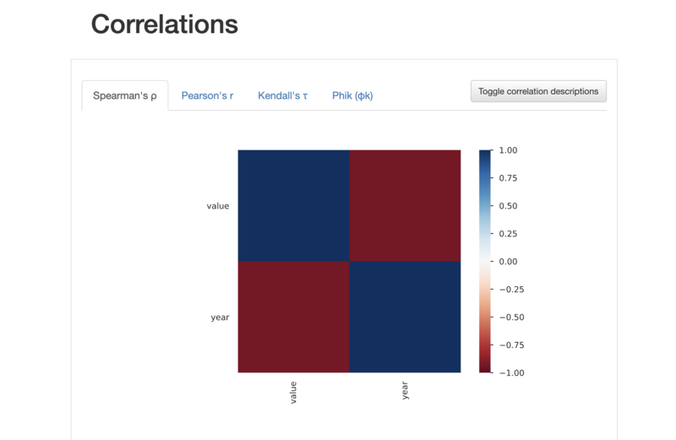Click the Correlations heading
[164, 24]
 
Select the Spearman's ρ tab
[125, 95]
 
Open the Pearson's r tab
[207, 95]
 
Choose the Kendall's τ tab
[283, 95]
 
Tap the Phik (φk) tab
[352, 95]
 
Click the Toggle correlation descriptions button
[538, 91]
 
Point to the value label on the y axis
[218, 206]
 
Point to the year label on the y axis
[220, 318]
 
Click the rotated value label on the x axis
[293, 392]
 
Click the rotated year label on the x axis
[405, 390]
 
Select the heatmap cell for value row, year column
[405, 205]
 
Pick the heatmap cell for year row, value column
[293, 317]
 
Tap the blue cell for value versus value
[293, 205]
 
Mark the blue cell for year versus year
[405, 317]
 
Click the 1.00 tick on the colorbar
[508, 150]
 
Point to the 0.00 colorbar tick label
[508, 262]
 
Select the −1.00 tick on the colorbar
[512, 372]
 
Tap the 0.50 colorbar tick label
[508, 206]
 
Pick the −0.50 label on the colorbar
[512, 318]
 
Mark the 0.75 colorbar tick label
[508, 178]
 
